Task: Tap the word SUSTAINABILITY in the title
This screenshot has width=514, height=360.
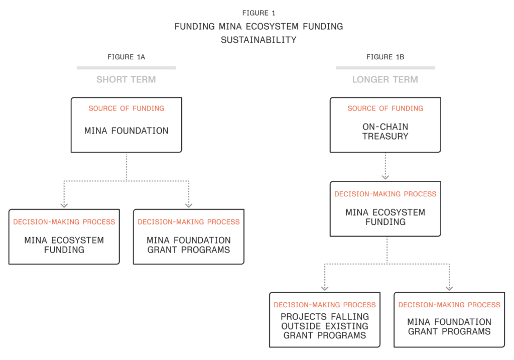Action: tap(259, 40)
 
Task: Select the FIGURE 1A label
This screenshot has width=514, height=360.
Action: tap(126, 57)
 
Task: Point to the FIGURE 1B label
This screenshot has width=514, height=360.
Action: tap(385, 57)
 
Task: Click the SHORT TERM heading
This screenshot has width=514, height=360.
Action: tap(126, 79)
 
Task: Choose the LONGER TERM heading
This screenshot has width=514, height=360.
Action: tap(385, 79)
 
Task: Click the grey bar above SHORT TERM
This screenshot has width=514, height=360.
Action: tap(126, 68)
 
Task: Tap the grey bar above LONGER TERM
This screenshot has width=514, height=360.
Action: tap(385, 68)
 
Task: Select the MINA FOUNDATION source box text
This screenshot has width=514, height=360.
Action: tap(126, 131)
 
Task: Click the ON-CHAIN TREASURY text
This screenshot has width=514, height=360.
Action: tap(385, 132)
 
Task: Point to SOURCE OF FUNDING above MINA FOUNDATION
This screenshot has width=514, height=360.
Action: tap(126, 108)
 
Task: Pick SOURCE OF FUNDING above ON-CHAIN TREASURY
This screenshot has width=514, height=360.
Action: tap(385, 108)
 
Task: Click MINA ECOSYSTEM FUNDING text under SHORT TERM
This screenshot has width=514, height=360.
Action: tap(64, 245)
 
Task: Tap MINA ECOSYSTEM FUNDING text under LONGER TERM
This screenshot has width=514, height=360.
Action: tap(385, 217)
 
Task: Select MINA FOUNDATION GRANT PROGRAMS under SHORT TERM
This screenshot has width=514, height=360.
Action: tap(188, 245)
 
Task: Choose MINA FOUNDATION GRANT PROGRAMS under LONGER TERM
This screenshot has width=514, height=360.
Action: tap(449, 326)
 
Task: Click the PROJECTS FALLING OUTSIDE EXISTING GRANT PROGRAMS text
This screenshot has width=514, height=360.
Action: tap(324, 326)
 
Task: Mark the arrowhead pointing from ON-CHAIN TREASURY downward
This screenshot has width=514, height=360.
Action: tap(385, 177)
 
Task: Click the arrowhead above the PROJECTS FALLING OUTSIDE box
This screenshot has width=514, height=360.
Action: tap(324, 288)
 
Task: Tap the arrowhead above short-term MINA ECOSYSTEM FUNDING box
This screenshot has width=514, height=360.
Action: tap(64, 205)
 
